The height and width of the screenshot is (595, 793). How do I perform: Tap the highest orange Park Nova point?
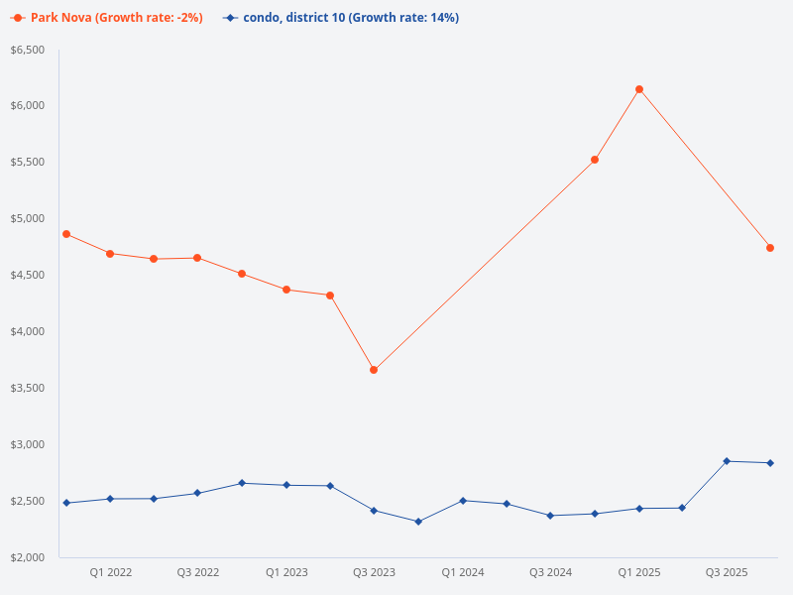tap(639, 89)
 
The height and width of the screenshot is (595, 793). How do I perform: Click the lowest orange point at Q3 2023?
tap(374, 370)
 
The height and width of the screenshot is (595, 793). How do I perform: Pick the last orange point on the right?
tap(770, 248)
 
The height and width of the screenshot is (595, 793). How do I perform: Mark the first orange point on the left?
tap(66, 234)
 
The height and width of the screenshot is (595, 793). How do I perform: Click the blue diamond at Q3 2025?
tap(727, 461)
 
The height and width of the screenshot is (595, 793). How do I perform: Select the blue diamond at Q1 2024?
tap(463, 501)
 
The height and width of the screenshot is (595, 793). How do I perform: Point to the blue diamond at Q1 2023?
tap(286, 485)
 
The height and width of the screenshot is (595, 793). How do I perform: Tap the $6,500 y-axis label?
tap(27, 50)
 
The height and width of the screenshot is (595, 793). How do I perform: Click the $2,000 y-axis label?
tap(27, 557)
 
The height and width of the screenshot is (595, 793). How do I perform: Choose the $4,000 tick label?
tap(27, 331)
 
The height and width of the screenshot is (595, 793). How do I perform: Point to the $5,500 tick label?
tap(27, 162)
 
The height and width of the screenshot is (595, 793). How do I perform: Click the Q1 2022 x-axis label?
tap(110, 572)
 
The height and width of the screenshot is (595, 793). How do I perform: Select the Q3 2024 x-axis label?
tap(550, 572)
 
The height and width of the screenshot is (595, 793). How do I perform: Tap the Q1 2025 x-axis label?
tap(639, 572)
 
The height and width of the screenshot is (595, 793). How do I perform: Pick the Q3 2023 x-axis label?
tap(374, 572)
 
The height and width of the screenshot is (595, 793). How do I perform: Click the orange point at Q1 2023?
tap(286, 290)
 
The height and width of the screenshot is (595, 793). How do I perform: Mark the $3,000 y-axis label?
tap(27, 444)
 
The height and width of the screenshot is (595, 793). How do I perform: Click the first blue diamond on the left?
tap(66, 503)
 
